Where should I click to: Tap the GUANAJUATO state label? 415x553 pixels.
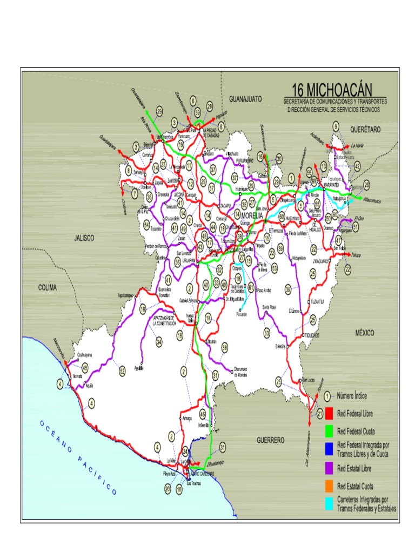pos(245,99)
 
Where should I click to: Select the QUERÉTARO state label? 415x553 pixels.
pos(365,130)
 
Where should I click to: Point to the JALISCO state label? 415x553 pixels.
pos(84,238)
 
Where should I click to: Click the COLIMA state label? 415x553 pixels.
pos(47,288)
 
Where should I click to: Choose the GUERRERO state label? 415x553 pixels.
pos(270,440)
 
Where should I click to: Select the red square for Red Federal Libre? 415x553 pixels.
pos(329,414)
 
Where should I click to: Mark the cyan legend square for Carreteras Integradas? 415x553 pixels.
pos(329,504)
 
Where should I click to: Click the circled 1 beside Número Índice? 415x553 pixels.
pos(327,396)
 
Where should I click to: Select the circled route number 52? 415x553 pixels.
pos(122,370)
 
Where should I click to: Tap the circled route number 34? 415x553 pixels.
pos(159,342)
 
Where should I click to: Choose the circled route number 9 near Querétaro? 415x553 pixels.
pos(336,126)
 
